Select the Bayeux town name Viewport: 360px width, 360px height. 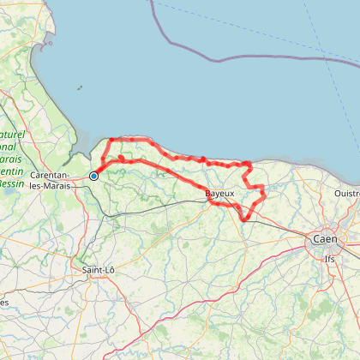[x=219, y=195]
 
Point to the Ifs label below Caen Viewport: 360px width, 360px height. [x=329, y=257]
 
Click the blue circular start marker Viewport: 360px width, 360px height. [x=93, y=177]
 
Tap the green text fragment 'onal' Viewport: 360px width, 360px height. [x=10, y=147]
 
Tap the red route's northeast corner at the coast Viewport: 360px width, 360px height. [x=249, y=162]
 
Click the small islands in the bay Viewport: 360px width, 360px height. [x=78, y=87]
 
